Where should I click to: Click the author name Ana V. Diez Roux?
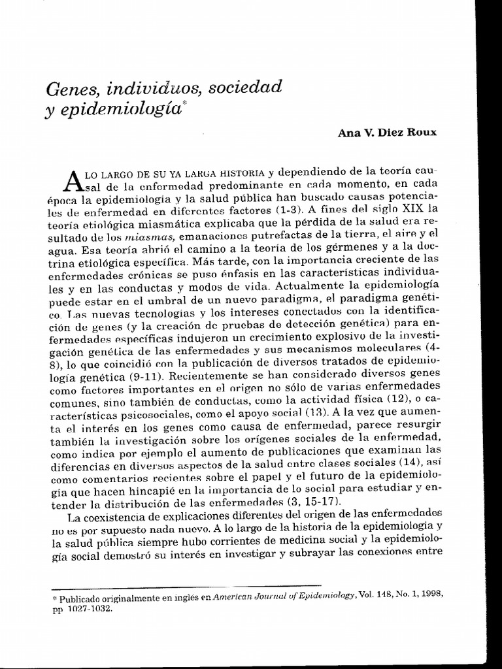386,132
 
